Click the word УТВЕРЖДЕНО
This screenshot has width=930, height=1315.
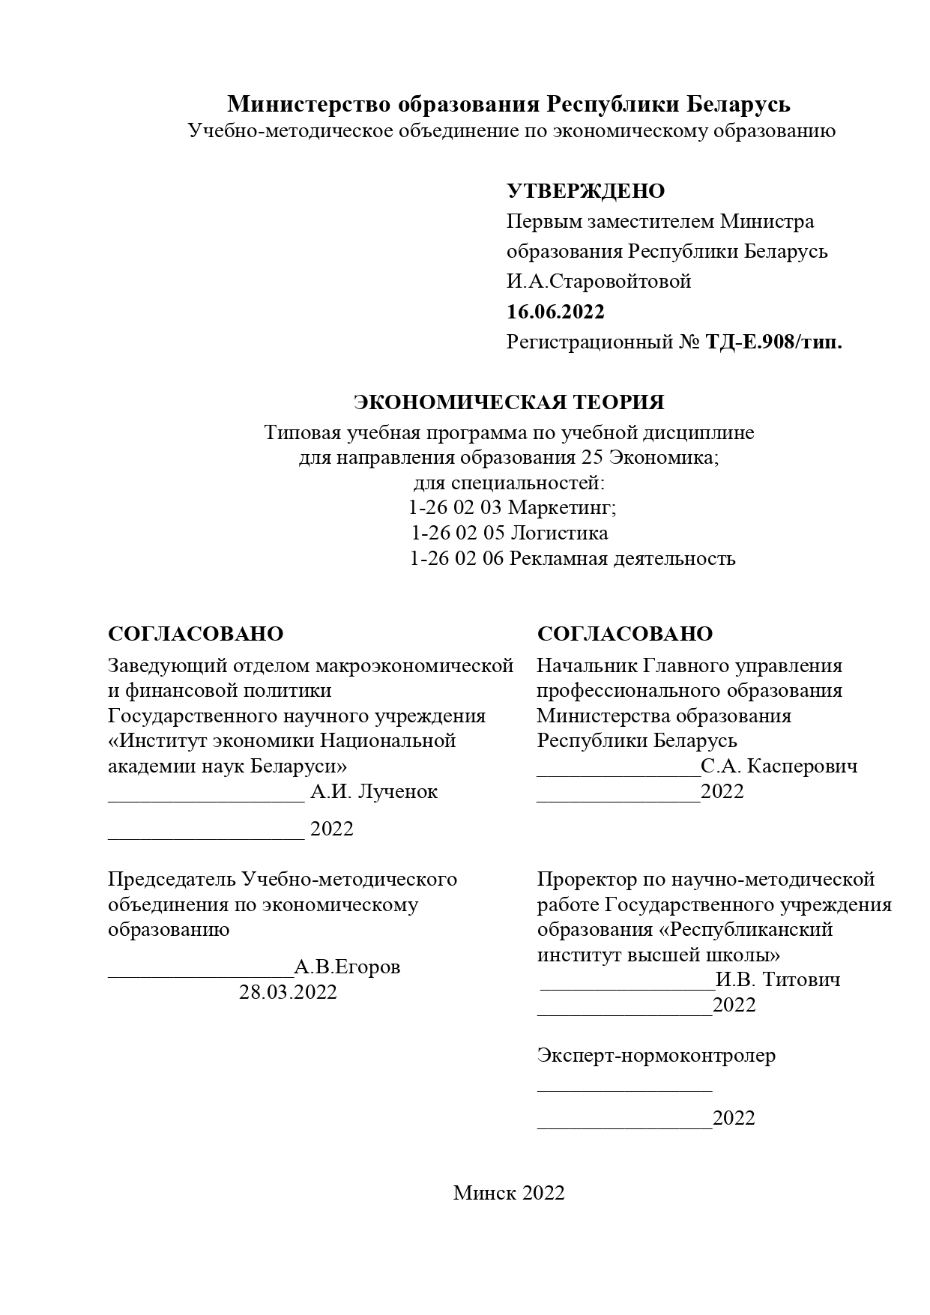click(x=585, y=191)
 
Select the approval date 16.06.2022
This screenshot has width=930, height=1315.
click(x=555, y=312)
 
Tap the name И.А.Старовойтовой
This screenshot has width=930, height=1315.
click(x=598, y=282)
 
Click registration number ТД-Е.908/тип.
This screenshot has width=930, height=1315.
click(x=773, y=342)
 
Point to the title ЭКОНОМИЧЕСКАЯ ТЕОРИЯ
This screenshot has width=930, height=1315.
click(x=509, y=402)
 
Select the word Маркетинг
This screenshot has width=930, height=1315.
click(x=562, y=508)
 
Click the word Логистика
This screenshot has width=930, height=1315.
click(x=559, y=533)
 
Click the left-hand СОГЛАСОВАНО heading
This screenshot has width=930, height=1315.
click(x=196, y=634)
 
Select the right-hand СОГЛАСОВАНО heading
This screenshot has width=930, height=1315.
click(x=624, y=634)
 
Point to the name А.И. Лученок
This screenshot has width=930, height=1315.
click(x=374, y=792)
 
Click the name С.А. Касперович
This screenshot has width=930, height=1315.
click(x=779, y=767)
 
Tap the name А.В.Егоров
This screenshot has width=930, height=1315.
click(x=347, y=967)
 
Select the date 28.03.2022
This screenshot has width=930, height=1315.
click(x=288, y=993)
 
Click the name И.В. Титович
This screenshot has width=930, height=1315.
click(x=778, y=980)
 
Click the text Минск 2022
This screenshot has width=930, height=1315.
click(x=508, y=1194)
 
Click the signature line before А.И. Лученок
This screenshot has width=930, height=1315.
click(x=206, y=799)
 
